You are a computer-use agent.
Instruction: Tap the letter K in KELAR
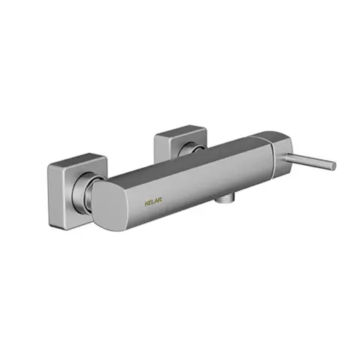146,201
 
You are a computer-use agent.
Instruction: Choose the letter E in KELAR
151,201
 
